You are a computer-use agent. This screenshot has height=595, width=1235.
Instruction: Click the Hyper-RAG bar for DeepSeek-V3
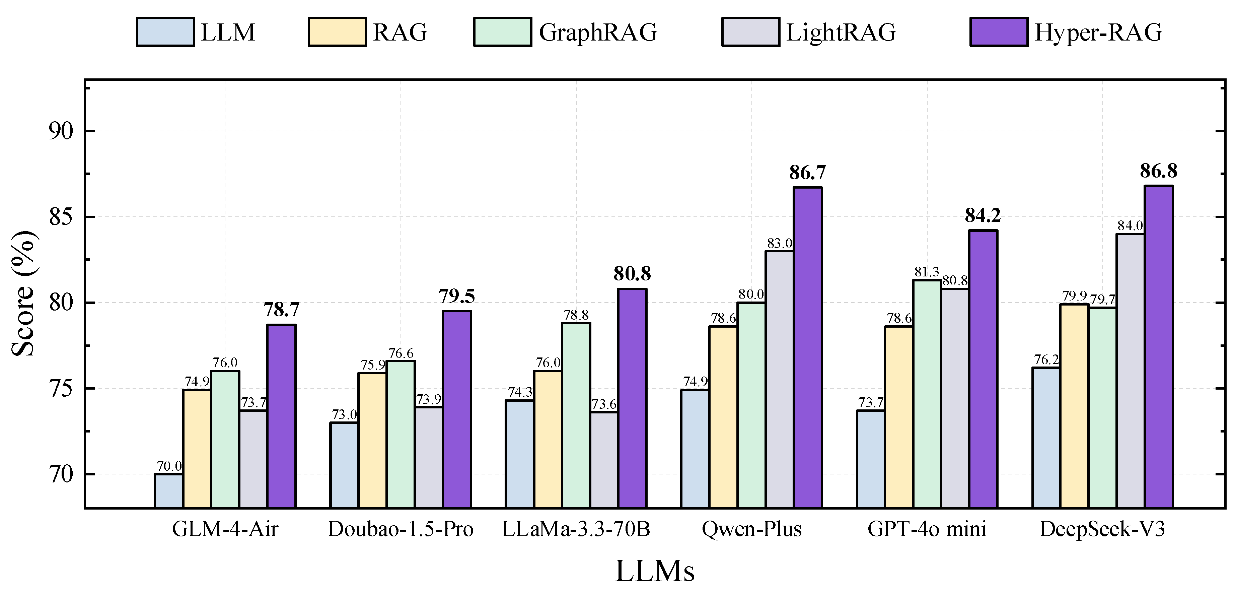[x=1159, y=346]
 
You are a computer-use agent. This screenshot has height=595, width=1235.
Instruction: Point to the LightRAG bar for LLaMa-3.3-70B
[x=604, y=459]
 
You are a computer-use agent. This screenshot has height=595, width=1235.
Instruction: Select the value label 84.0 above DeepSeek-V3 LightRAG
[x=1130, y=225]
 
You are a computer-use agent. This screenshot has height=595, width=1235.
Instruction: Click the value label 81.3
[x=927, y=272]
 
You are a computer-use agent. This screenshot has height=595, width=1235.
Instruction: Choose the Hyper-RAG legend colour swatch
[x=999, y=32]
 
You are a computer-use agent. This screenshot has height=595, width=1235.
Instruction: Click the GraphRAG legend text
[x=598, y=32]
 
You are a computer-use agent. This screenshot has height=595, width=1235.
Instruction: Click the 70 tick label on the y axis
[x=61, y=475]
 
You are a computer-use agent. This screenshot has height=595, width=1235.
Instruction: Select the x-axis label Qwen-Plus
[x=751, y=529]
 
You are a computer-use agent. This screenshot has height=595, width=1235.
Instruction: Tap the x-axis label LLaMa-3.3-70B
[x=576, y=529]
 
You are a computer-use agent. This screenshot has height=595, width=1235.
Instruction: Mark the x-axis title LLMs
[x=655, y=571]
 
